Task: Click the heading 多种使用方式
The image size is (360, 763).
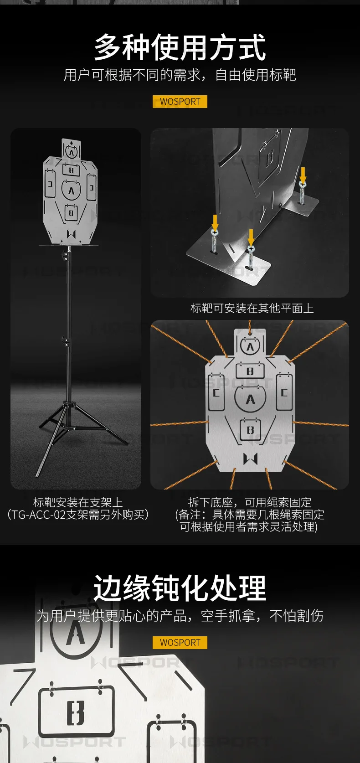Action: [x=180, y=47]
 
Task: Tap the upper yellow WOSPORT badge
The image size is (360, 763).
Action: [x=180, y=102]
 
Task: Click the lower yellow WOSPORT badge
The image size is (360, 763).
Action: [x=180, y=642]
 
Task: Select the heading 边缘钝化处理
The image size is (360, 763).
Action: [x=180, y=588]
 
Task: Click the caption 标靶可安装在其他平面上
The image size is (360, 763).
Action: [x=252, y=308]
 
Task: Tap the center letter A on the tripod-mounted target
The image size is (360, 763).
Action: [x=71, y=191]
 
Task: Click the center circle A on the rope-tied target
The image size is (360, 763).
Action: [x=250, y=399]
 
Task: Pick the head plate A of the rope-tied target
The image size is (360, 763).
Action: [x=250, y=346]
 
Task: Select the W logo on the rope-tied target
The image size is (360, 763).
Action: [x=250, y=459]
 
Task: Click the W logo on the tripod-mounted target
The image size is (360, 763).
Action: [x=71, y=234]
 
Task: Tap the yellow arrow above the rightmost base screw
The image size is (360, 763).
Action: [x=303, y=174]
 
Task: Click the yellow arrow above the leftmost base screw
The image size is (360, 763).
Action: [x=215, y=222]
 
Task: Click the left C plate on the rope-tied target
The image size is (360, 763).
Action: [x=216, y=392]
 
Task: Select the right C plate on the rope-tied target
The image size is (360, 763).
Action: [x=284, y=392]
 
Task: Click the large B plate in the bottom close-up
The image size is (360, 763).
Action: [x=76, y=712]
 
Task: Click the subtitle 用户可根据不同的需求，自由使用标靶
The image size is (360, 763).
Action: [x=180, y=75]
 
